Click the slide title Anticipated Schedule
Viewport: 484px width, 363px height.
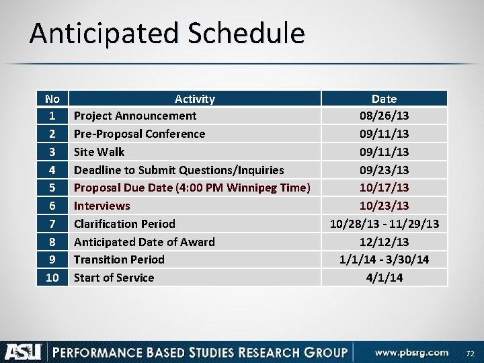point(167,34)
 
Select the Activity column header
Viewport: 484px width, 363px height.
point(194,99)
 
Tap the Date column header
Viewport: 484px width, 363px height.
point(384,99)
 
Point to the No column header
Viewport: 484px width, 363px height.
point(52,99)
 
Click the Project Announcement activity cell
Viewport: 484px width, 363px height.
point(135,116)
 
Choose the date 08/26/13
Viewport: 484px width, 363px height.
point(384,116)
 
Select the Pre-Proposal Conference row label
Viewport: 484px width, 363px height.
point(139,134)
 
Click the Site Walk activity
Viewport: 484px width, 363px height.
point(99,152)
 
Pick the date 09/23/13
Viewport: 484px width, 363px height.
point(384,170)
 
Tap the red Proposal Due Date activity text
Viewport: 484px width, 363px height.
point(192,188)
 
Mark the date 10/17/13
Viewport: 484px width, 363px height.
point(384,188)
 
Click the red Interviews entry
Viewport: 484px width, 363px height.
point(102,206)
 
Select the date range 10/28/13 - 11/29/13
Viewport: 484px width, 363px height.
point(384,224)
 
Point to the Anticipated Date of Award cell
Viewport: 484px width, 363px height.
point(144,242)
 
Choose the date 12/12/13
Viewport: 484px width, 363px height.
point(384,242)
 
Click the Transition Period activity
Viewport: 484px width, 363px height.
point(119,259)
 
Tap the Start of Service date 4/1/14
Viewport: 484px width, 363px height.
point(384,278)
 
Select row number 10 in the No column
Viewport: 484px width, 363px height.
point(52,278)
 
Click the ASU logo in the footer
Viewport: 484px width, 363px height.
point(24,352)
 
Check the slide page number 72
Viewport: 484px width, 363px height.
point(469,353)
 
